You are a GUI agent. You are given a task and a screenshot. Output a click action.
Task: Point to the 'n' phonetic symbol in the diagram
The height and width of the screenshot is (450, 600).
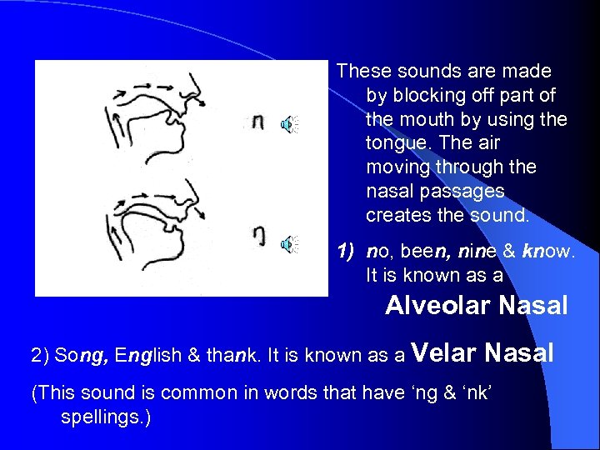pos(258,122)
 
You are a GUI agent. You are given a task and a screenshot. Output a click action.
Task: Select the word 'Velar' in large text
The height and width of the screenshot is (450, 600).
pos(444,353)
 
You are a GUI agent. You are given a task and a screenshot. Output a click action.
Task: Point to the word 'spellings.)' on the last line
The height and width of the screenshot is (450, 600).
pos(106,416)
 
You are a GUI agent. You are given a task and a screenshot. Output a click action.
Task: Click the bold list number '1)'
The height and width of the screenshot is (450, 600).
pos(347,251)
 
